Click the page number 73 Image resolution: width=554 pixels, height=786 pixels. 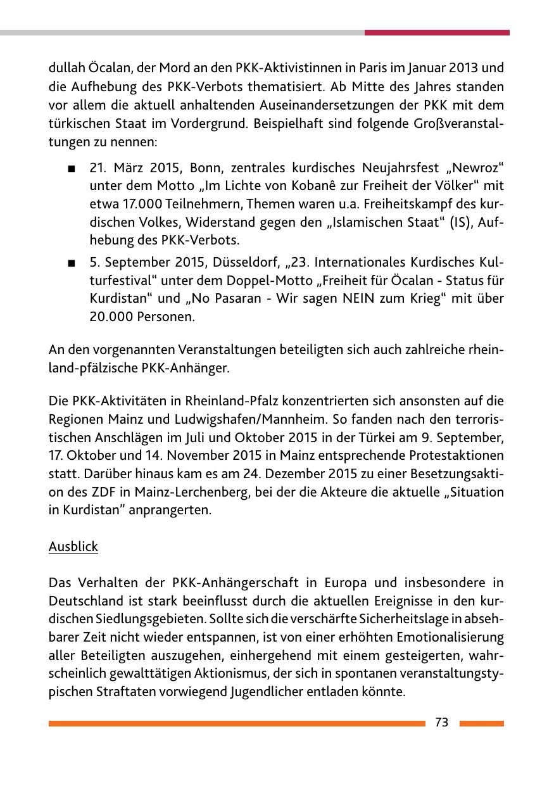441,723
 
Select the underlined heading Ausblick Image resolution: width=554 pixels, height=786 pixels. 73,546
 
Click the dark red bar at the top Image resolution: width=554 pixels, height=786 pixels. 436,32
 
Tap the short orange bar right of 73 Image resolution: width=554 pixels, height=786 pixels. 481,723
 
